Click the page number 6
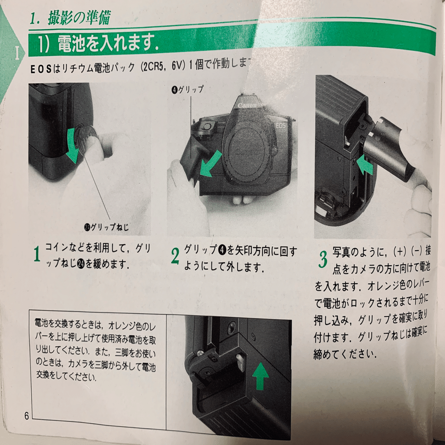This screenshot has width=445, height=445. click(x=26, y=415)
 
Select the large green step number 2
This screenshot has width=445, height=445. click(x=175, y=256)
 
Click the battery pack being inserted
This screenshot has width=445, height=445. click(x=394, y=149)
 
